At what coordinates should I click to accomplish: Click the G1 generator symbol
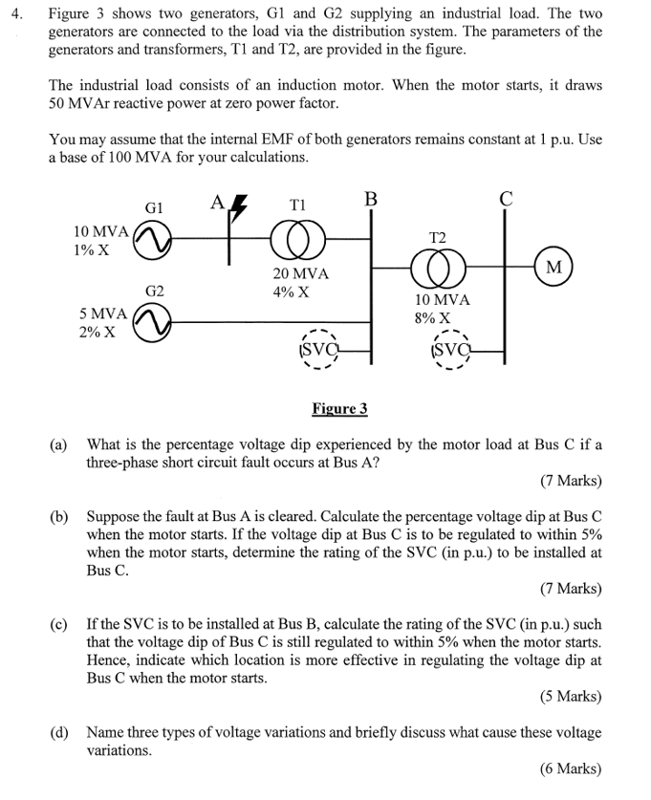coord(151,243)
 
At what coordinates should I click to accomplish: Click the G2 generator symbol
coord(151,323)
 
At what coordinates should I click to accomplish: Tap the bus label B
coord(371,200)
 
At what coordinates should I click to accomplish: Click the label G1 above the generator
coord(154,207)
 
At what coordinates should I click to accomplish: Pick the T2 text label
coord(438,235)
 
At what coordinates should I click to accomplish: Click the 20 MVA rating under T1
coord(300,274)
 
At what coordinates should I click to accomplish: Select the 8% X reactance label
coord(433,318)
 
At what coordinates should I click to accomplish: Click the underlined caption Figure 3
coord(339,409)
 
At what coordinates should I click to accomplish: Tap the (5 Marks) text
coord(571,696)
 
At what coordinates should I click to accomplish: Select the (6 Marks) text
coord(571,768)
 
